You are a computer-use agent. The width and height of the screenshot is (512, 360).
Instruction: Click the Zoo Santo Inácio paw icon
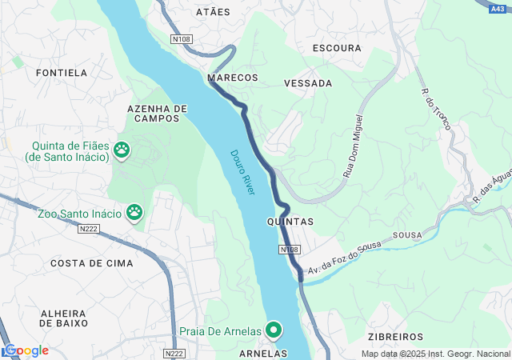(134, 213)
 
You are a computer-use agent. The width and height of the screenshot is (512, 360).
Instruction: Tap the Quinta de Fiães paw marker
(122, 148)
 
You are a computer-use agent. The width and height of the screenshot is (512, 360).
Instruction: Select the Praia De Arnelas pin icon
(274, 330)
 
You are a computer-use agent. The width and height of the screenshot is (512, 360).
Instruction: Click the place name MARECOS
(233, 78)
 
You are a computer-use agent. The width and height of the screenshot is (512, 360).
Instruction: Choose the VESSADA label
(308, 82)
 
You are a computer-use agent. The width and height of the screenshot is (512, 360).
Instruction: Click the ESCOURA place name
(338, 48)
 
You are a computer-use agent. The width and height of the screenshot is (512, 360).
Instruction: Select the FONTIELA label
(62, 73)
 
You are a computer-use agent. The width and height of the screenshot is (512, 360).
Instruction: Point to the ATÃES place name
(213, 12)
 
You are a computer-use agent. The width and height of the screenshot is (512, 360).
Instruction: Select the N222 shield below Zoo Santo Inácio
(89, 229)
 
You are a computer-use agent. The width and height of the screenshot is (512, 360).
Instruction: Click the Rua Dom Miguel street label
(353, 146)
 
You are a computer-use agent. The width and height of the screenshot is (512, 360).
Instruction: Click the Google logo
(26, 350)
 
